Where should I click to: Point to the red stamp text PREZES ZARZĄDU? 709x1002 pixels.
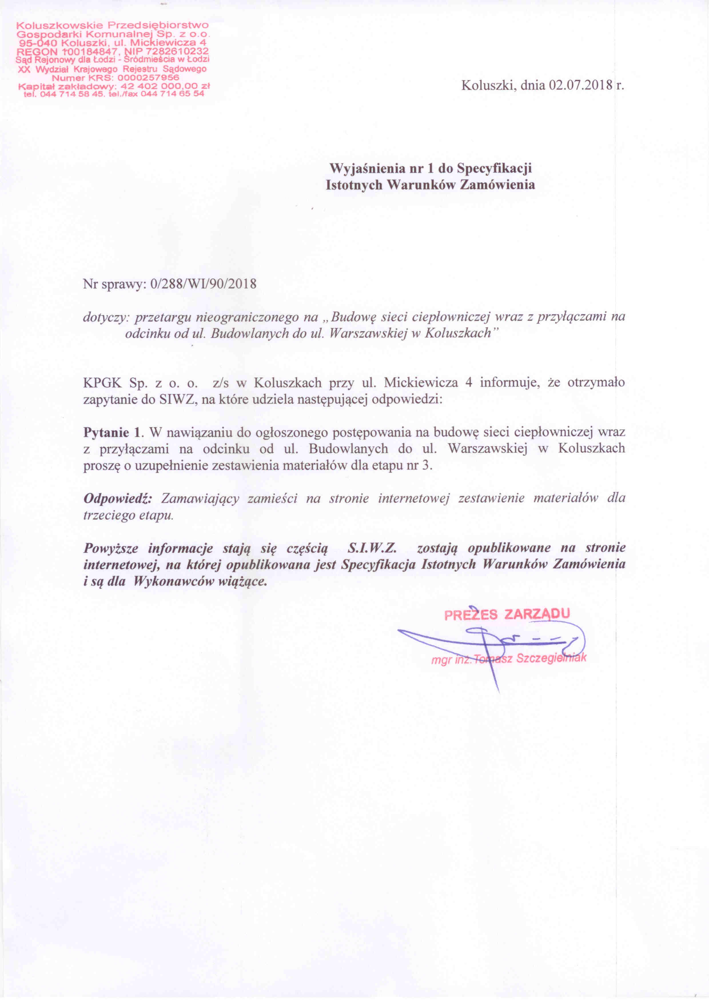click(x=507, y=614)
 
